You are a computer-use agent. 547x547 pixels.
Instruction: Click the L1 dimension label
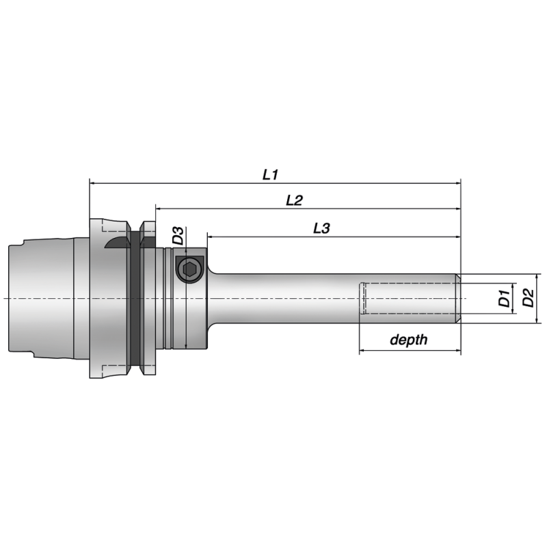point(270,174)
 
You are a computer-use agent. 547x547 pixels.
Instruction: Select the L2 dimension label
point(294,200)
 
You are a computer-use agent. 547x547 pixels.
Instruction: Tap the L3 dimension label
point(321,228)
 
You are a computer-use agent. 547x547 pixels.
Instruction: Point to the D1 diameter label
point(504,298)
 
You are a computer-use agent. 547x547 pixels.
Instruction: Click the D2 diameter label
point(527,298)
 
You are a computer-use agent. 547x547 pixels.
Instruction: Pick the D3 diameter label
point(178,236)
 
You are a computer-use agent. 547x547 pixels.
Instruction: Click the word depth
point(408,340)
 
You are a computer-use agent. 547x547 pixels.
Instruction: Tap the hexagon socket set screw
point(189,269)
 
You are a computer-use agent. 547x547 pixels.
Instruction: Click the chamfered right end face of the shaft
point(458,299)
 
